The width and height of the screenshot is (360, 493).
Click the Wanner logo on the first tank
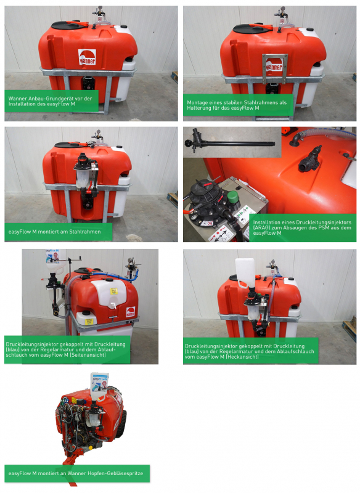[86, 57]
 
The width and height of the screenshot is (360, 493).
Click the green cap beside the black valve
[232, 198]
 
